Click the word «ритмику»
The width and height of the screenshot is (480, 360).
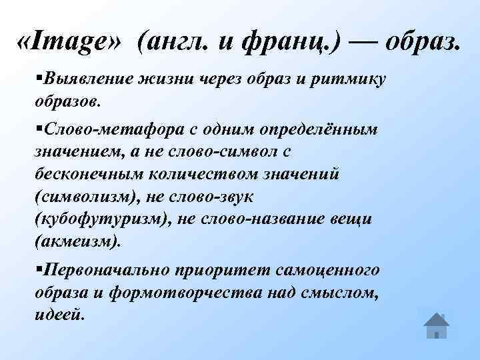[351, 80]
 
